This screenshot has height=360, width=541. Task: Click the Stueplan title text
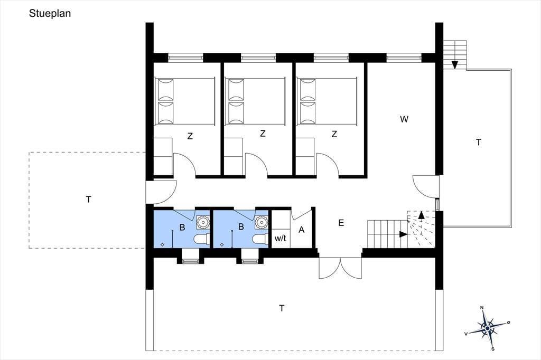(50, 14)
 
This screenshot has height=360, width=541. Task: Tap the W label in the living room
(404, 119)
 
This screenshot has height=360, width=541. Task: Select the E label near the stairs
(341, 223)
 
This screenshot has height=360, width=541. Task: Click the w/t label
(280, 238)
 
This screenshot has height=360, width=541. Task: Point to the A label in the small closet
(302, 230)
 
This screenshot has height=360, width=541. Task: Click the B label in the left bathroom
(182, 227)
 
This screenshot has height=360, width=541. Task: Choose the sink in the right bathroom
(262, 222)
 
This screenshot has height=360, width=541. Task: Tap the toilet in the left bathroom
(201, 239)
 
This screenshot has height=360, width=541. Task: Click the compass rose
(487, 328)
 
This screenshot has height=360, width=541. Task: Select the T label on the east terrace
(479, 143)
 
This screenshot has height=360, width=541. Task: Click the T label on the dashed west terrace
(89, 200)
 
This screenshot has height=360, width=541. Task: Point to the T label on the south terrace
(282, 308)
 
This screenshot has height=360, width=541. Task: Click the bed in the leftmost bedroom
(185, 101)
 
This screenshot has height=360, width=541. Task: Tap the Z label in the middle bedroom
(263, 134)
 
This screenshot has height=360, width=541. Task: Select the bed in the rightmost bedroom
(327, 101)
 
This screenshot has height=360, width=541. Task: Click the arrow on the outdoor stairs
(455, 64)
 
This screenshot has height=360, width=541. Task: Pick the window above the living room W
(404, 58)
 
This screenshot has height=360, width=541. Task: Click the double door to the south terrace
(340, 268)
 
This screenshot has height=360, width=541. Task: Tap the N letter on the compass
(482, 308)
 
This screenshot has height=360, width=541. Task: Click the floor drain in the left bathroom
(163, 244)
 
